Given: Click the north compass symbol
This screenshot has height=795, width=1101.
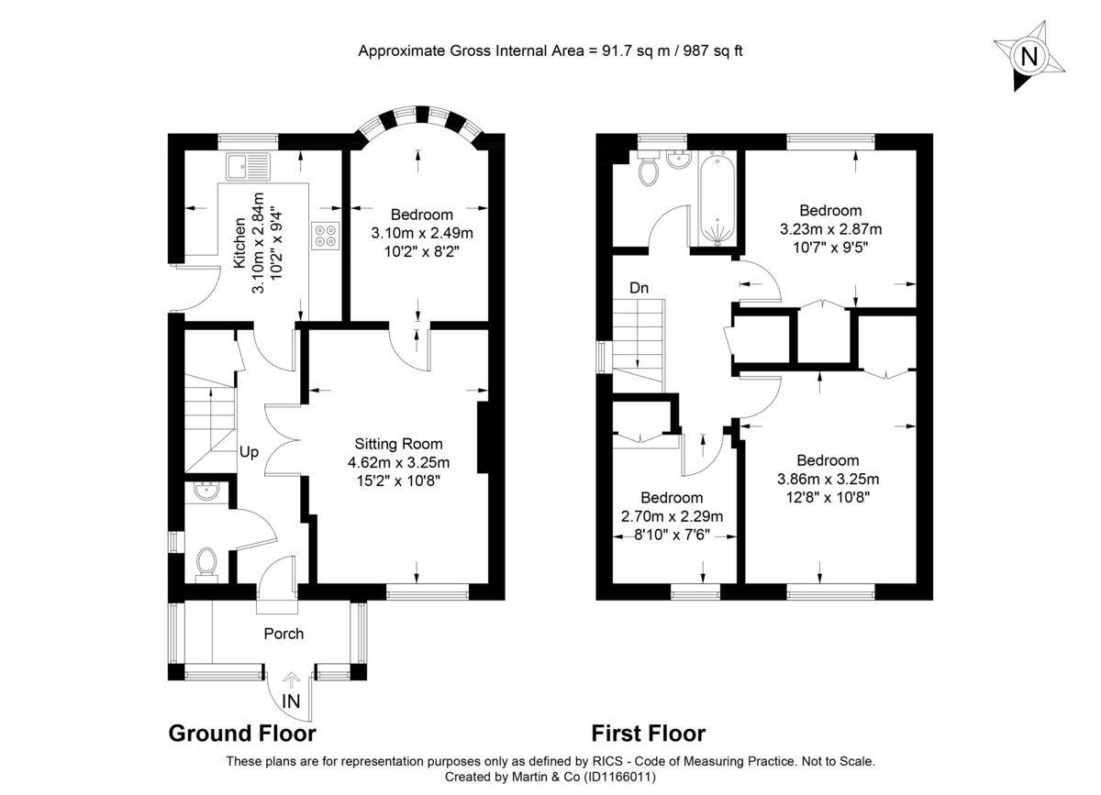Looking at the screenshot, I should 1029,57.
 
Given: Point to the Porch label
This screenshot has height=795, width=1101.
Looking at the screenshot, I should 284,634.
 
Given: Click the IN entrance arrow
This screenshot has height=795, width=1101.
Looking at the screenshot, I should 292,680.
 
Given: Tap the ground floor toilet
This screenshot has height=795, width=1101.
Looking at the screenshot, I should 206,563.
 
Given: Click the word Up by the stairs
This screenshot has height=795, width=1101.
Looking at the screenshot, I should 250,452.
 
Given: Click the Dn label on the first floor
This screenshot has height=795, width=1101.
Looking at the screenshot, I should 639,288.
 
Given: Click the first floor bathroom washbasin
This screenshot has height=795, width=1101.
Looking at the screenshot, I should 679,160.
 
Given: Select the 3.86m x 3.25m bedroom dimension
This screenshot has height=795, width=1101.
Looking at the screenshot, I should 828,479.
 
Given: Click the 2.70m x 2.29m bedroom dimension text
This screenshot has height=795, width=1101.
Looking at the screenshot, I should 672,517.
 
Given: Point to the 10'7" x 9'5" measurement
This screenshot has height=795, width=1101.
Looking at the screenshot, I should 829,247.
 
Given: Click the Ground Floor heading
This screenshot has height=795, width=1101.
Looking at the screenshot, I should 242,734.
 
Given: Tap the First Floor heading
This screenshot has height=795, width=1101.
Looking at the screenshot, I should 648,734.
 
